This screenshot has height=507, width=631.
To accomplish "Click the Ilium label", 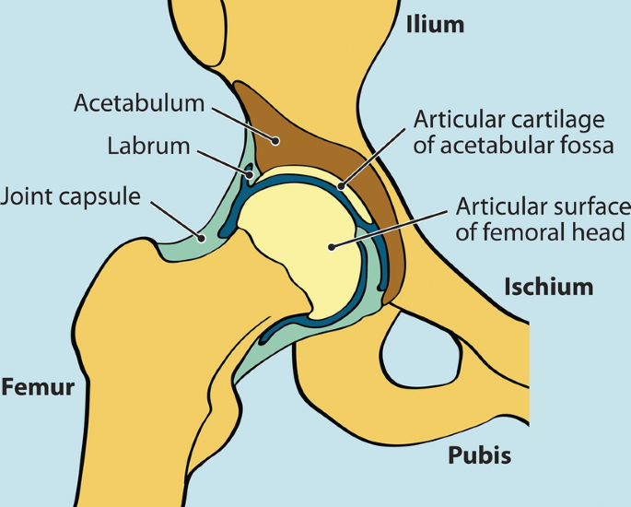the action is pos(436,25).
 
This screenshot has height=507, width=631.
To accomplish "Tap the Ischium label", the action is pos(548,287).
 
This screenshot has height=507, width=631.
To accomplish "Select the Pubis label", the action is pos(479,454).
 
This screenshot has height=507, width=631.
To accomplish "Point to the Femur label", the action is pos(37,386).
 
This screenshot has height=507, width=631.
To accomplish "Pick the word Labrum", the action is pos(148,146).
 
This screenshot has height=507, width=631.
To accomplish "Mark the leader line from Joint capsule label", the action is pos(175,218).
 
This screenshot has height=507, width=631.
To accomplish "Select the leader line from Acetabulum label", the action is pos(244,121).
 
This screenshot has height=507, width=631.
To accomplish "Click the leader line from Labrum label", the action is pos(222,158).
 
